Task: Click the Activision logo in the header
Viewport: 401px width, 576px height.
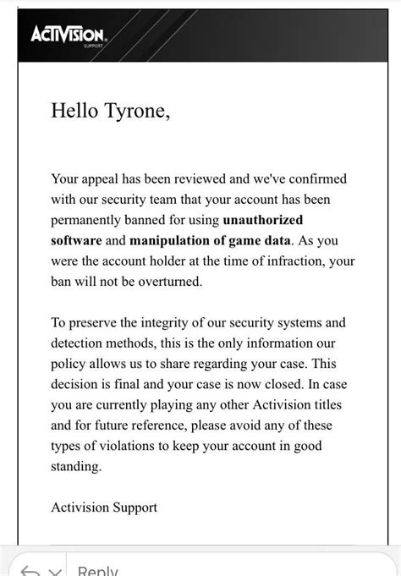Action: pyautogui.click(x=67, y=35)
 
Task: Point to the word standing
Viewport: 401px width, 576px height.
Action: pyautogui.click(x=76, y=466)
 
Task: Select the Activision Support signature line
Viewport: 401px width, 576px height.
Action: pyautogui.click(x=104, y=507)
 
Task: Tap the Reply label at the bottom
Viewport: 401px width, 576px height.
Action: pyautogui.click(x=97, y=568)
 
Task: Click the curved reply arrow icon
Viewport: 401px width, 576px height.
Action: pyautogui.click(x=29, y=570)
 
